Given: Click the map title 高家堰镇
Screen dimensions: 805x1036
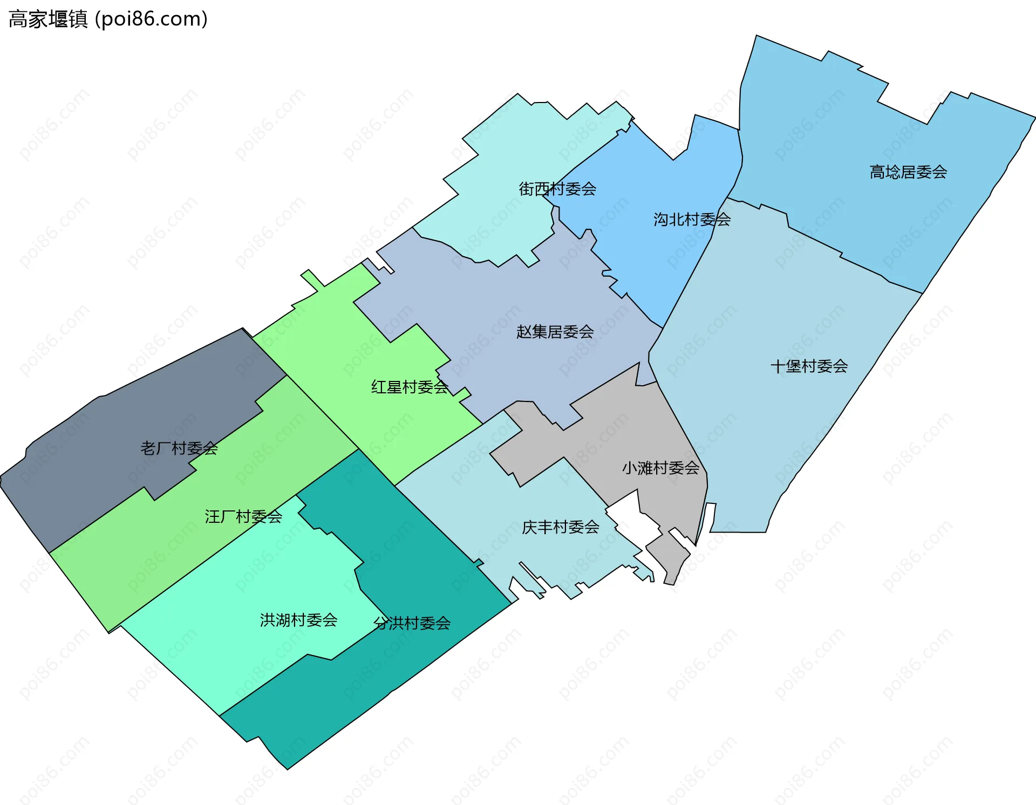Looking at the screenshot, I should [48, 19].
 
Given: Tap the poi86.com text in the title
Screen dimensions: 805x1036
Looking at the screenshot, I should [151, 19].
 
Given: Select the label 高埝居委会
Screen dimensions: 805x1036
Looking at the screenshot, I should [908, 172].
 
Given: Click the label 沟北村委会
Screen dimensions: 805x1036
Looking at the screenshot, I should [692, 220].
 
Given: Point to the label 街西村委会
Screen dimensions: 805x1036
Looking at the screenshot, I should [557, 189].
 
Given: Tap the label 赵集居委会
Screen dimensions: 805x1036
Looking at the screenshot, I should [555, 332].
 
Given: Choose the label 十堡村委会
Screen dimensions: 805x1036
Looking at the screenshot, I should [809, 367].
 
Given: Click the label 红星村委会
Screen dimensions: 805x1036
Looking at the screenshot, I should [410, 387].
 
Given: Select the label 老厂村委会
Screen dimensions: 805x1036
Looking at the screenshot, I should [179, 448].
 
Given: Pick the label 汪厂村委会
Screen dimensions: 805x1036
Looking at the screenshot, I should [243, 517].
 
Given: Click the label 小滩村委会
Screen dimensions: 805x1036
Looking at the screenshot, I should [660, 468].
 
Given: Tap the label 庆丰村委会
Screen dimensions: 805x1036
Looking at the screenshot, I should [560, 527].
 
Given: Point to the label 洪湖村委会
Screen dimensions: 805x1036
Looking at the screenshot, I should [298, 620].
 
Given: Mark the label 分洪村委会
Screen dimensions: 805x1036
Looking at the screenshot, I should [412, 624].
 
